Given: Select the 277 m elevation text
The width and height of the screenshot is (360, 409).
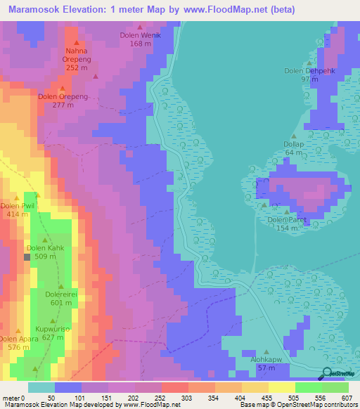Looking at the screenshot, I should pos(63,105).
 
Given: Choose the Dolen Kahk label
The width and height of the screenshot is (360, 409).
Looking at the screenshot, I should pos(45,248).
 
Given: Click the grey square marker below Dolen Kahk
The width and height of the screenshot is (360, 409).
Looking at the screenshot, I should pos(27,257).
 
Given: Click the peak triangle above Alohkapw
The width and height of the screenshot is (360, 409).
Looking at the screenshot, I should pos(266,351).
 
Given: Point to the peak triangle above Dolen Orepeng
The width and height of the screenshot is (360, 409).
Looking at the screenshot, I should pos(63,89).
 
